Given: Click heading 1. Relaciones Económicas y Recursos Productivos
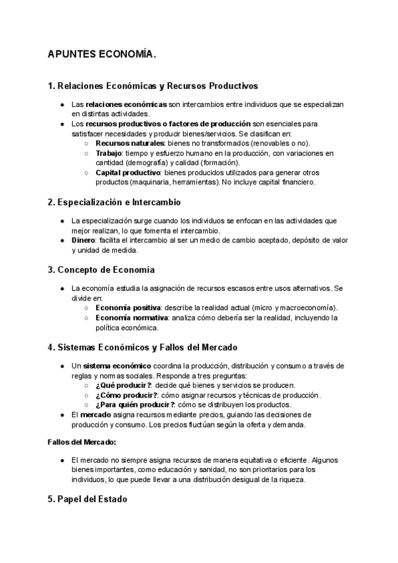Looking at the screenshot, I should coord(153,86).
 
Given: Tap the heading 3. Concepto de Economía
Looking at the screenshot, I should coord(101,270).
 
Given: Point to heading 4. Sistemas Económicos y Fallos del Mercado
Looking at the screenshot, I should coord(143,347).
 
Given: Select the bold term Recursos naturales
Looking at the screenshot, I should coord(129,143).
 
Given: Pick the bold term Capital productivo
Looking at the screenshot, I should coord(127,173).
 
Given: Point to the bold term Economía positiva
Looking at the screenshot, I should coord(128,308).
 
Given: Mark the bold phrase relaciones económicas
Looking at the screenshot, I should coord(127,105).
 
